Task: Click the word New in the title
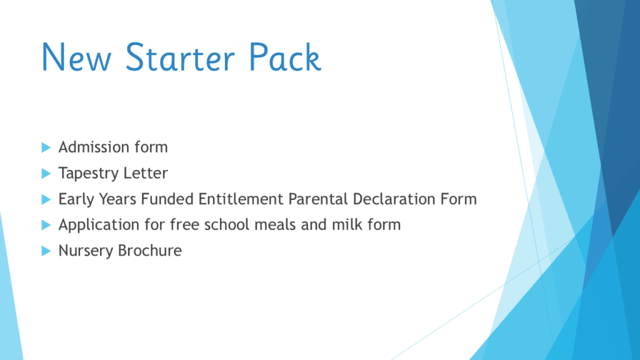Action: (76, 57)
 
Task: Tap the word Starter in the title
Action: (180, 57)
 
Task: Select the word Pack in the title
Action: (285, 57)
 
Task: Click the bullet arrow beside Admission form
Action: (46, 147)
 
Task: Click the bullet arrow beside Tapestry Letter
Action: (46, 174)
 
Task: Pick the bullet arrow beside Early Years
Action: (46, 199)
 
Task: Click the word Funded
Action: (167, 199)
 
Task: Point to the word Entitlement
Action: (241, 199)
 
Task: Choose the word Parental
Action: (318, 199)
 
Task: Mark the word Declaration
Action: (394, 199)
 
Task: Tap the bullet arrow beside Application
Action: (46, 225)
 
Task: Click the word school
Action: (228, 224)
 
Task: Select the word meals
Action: (277, 224)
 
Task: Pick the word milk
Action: (346, 224)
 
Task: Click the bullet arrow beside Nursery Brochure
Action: (46, 251)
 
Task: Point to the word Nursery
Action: (86, 251)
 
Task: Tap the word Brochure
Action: (150, 250)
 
